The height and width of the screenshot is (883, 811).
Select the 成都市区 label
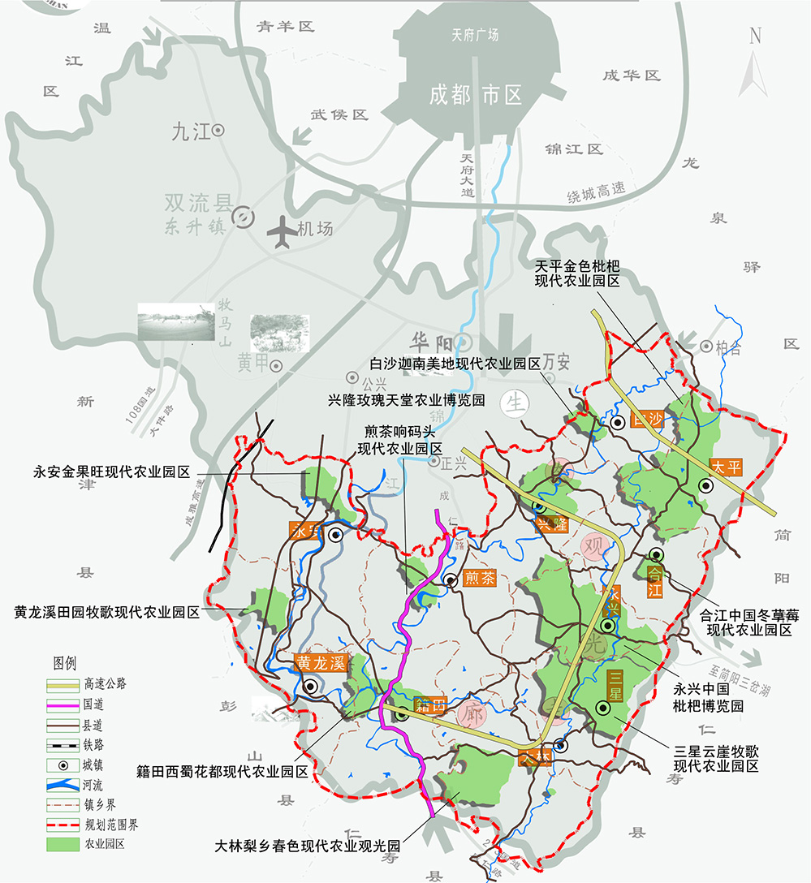(476, 95)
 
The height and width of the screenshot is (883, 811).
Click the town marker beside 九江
(218, 130)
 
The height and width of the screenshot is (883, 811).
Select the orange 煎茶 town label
(479, 579)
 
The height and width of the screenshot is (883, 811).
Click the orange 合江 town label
(655, 580)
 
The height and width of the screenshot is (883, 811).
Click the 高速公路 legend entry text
(106, 683)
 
